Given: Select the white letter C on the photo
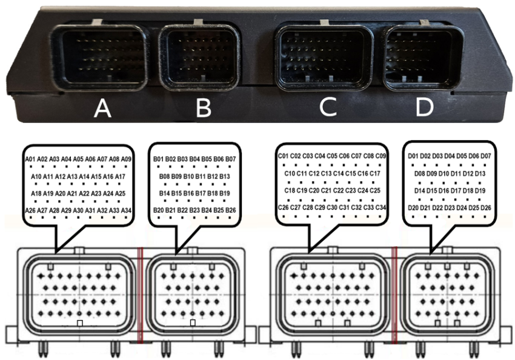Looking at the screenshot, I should (x=328, y=107).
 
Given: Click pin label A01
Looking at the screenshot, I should (x=31, y=159).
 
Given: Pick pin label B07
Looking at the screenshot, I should (x=230, y=159).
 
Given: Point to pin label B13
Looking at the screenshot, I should (x=225, y=176).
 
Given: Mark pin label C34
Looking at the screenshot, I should (x=381, y=207).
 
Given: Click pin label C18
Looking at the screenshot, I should (x=290, y=190).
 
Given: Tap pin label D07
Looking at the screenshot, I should (x=485, y=156).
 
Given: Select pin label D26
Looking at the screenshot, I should (x=485, y=207).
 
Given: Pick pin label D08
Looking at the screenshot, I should (x=420, y=173).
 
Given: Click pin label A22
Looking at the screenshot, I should (x=84, y=193).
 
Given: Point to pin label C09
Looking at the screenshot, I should (x=381, y=156).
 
